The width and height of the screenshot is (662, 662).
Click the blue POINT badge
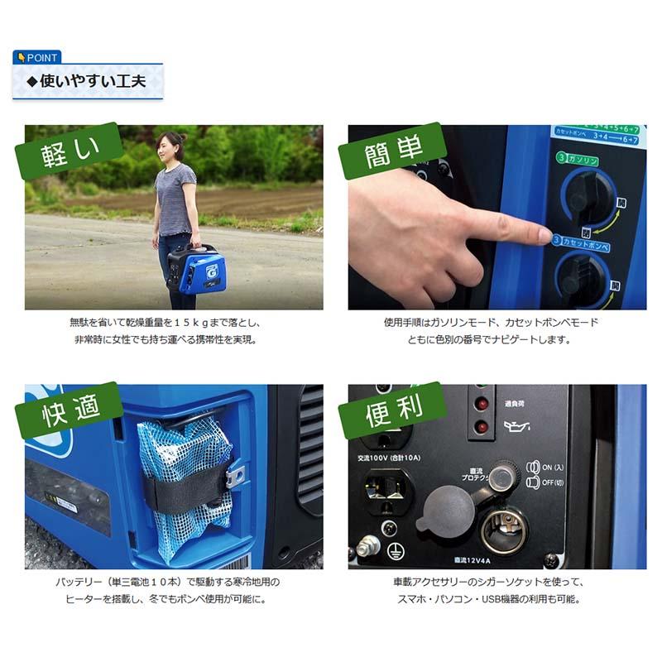coord(36,57)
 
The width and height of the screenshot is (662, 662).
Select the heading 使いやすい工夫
coord(86,81)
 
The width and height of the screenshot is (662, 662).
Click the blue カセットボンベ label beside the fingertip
coord(584,247)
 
